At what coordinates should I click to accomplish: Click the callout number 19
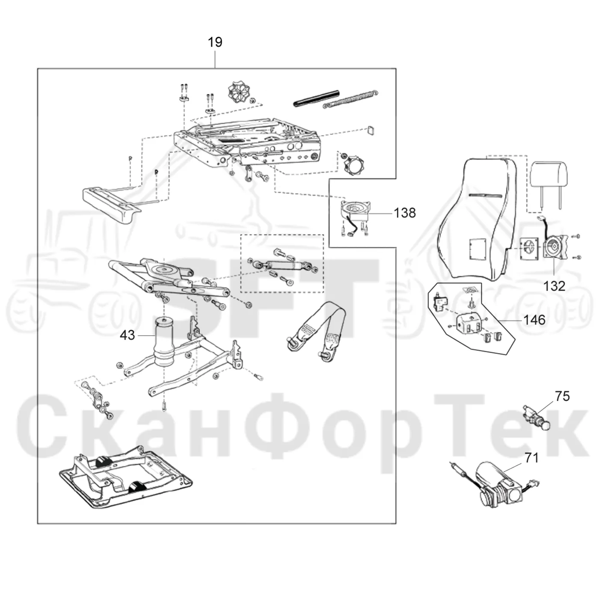(x=215, y=42)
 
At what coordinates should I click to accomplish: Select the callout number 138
(x=405, y=213)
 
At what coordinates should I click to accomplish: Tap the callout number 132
(x=554, y=286)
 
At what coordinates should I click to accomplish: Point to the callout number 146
(x=535, y=320)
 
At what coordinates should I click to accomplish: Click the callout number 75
(x=562, y=396)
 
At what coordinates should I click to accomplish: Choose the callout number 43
(x=128, y=335)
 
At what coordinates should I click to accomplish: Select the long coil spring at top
(x=351, y=99)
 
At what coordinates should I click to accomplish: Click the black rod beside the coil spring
(x=316, y=98)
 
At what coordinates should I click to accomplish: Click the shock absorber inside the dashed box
(x=282, y=265)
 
